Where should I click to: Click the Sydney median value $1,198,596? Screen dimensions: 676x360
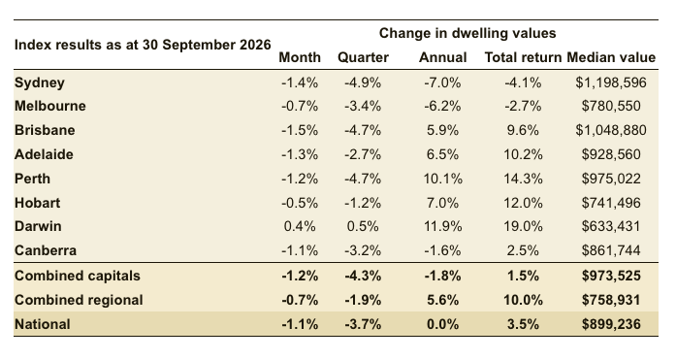click(611, 82)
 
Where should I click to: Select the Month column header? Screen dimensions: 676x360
click(300, 57)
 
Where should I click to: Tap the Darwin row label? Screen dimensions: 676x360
click(38, 226)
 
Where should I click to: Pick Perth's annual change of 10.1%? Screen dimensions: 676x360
click(443, 179)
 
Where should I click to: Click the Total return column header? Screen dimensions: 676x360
click(523, 57)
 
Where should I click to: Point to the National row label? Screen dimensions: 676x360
click(43, 324)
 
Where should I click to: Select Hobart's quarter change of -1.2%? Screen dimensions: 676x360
click(363, 203)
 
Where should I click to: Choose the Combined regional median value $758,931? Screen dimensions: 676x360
click(611, 300)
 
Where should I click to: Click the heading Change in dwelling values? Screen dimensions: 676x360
click(467, 33)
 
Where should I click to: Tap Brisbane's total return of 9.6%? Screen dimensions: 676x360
click(523, 130)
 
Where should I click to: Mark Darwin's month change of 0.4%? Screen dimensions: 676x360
click(300, 226)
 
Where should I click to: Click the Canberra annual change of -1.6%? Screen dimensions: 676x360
click(443, 250)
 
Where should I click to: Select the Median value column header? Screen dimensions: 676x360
click(611, 57)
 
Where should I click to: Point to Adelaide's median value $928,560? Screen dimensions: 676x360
click(611, 154)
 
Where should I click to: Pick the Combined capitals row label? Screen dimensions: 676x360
click(78, 276)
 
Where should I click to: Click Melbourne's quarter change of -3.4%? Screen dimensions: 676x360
click(363, 106)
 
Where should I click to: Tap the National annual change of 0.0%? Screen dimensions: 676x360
click(443, 324)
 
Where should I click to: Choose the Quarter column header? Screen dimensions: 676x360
click(363, 57)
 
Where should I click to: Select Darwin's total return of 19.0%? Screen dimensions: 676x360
click(523, 226)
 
